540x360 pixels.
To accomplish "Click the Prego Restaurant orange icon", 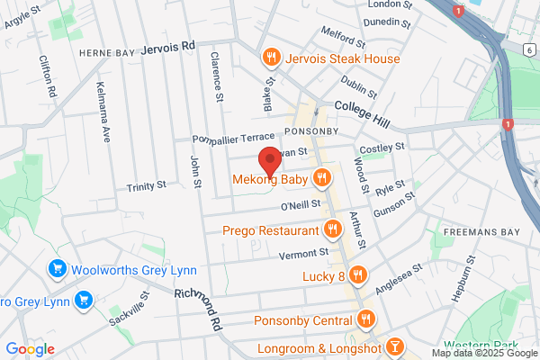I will tap(332, 229).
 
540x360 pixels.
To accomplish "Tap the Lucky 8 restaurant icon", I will tap(357, 274).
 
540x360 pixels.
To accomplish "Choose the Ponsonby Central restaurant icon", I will tap(365, 319).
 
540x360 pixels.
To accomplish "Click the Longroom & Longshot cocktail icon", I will tap(394, 347).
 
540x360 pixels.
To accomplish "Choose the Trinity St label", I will tap(147, 185).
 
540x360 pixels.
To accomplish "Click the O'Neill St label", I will tap(301, 206).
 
